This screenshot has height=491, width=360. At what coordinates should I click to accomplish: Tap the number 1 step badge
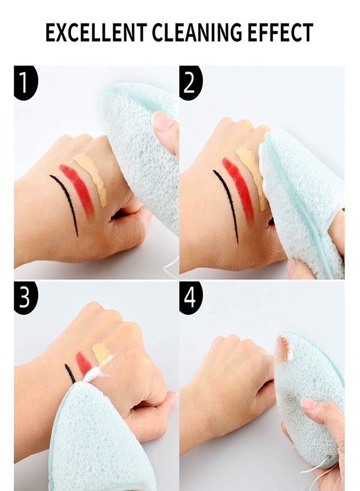pyautogui.click(x=25, y=82)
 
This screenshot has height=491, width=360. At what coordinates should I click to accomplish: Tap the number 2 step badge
pyautogui.click(x=190, y=82)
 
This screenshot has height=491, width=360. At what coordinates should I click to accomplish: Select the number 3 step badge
pyautogui.click(x=25, y=297)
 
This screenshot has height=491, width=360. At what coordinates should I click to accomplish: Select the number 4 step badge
pyautogui.click(x=190, y=297)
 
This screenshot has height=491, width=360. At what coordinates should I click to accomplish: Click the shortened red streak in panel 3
pyautogui.click(x=83, y=363)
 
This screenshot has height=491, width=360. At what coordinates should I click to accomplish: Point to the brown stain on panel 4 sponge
pyautogui.click(x=283, y=349)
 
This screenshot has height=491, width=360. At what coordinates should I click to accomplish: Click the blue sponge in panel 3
pyautogui.click(x=93, y=436)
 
